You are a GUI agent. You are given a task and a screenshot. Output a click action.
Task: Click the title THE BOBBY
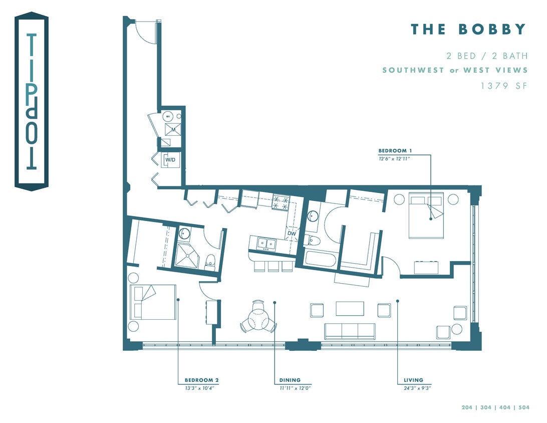pyautogui.click(x=468, y=29)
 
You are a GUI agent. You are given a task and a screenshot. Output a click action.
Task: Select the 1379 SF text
pyautogui.click(x=504, y=86)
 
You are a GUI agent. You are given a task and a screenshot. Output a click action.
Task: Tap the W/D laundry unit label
pyautogui.click(x=170, y=160)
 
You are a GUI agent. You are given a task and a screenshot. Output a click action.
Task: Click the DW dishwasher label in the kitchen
pyautogui.click(x=292, y=233)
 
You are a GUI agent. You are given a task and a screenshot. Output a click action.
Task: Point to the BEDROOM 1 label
pyautogui.click(x=395, y=150)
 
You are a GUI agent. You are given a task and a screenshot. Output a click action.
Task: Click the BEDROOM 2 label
pyautogui.click(x=201, y=380)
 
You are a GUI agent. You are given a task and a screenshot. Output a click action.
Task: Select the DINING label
pyautogui.click(x=290, y=380)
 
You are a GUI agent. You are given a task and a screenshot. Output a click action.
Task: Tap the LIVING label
pyautogui.click(x=413, y=380)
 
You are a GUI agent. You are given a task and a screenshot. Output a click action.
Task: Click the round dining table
pyautogui.click(x=258, y=318)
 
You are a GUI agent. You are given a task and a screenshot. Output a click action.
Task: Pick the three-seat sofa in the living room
pyautogui.click(x=350, y=331)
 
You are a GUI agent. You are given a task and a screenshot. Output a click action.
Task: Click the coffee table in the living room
pyautogui.click(x=350, y=308)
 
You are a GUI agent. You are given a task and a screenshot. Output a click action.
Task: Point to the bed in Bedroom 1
pyautogui.click(x=426, y=215)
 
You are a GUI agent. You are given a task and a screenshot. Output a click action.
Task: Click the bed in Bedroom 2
pyautogui.click(x=153, y=302)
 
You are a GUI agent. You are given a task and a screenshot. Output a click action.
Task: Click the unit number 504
pyautogui.click(x=523, y=407)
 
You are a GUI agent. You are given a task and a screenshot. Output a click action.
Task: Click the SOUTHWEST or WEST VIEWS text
pyautogui.click(x=455, y=70)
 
